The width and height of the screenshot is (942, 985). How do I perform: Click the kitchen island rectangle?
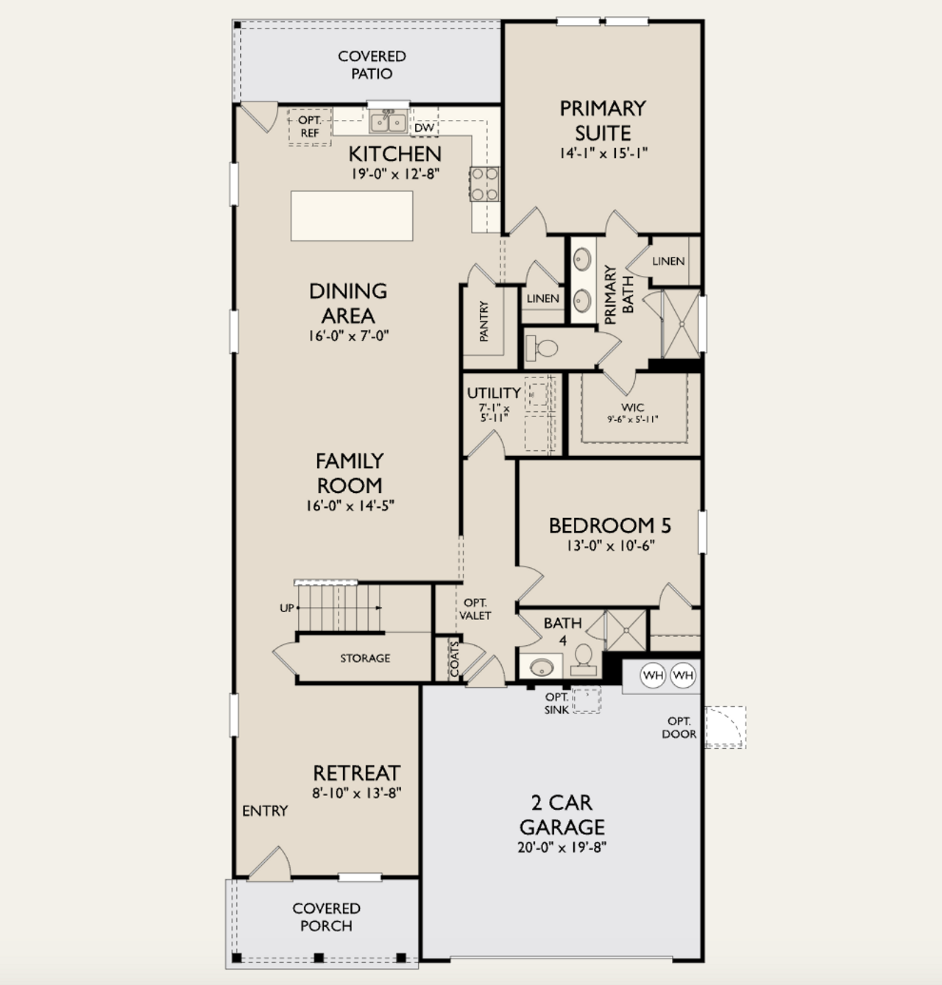click(352, 216)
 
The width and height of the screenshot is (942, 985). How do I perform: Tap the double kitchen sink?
click(388, 121)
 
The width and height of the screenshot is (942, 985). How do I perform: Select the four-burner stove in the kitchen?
click(484, 184)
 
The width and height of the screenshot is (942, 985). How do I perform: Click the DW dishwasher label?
click(424, 128)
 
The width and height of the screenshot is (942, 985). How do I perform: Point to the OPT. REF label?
click(310, 127)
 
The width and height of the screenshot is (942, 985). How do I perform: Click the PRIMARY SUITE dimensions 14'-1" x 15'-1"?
click(603, 154)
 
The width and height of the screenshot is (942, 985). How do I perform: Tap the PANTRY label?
click(484, 321)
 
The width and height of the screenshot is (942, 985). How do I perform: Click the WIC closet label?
click(632, 408)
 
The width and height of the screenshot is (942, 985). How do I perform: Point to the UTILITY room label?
click(493, 393)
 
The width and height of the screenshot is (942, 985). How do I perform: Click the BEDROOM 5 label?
click(610, 525)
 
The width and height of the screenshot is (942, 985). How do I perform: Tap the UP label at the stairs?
click(286, 608)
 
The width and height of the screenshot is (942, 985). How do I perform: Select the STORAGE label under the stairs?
click(365, 658)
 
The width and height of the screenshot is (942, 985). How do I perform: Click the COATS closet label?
click(454, 659)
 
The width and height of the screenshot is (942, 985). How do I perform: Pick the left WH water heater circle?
click(653, 675)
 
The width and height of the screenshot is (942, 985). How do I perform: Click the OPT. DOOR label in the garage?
click(679, 728)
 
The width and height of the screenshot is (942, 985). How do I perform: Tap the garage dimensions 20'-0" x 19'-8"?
click(562, 847)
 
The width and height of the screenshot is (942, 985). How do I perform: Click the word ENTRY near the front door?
click(265, 811)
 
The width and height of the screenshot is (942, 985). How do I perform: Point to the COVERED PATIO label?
click(372, 65)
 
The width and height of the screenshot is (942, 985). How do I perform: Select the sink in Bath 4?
click(542, 667)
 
